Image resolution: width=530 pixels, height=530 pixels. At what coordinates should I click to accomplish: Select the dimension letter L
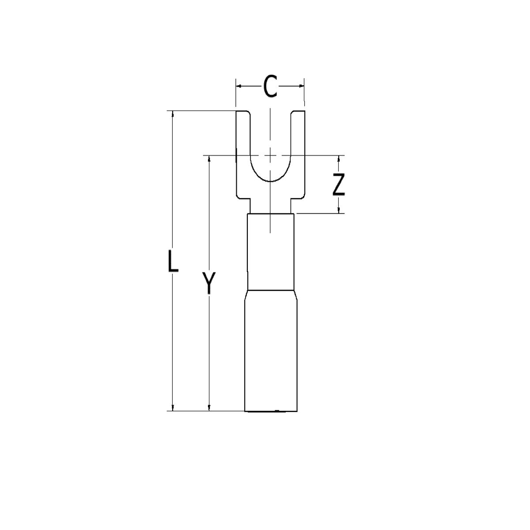tap(173, 261)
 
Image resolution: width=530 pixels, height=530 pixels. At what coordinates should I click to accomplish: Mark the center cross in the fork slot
tap(270, 155)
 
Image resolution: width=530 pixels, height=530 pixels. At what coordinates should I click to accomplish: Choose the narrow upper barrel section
tap(270, 252)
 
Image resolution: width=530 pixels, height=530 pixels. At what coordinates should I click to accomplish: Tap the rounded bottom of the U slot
tap(270, 180)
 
